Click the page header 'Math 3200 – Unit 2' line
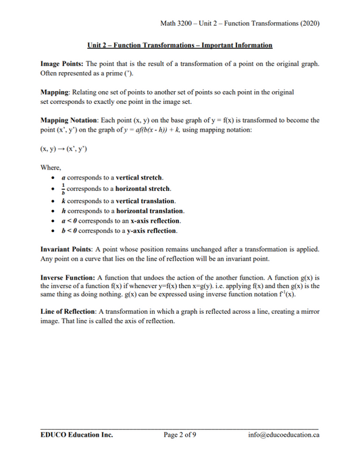coord(240,23)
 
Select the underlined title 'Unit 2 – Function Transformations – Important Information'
coord(180,45)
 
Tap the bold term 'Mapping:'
coord(56,92)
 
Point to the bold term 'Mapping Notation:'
coord(70,120)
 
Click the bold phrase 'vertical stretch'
coord(139,177)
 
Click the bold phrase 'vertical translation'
coord(145,200)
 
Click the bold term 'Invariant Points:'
coord(68,249)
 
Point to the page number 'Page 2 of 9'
coord(180,435)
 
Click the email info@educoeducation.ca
coord(284,435)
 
